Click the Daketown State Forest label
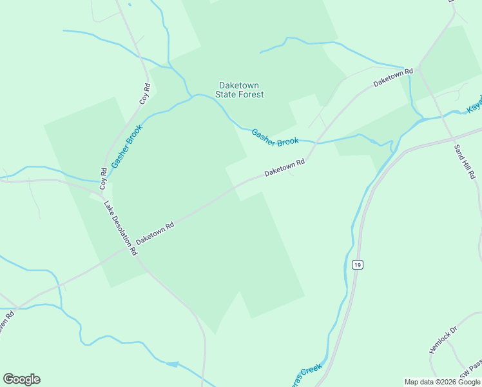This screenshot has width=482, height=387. click(240, 90)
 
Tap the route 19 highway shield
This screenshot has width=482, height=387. click(358, 264)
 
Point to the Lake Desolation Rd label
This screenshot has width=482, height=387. click(120, 228)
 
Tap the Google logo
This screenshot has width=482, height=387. click(21, 379)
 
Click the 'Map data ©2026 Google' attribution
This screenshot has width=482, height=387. click(442, 382)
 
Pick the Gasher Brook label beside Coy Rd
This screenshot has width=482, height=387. click(126, 146)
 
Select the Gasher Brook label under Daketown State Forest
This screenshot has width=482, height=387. click(275, 137)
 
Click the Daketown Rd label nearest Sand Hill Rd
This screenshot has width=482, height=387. click(392, 79)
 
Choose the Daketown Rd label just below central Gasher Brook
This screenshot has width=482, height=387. click(284, 169)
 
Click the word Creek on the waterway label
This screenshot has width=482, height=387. click(311, 370)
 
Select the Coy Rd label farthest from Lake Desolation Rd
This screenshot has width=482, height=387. click(145, 94)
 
